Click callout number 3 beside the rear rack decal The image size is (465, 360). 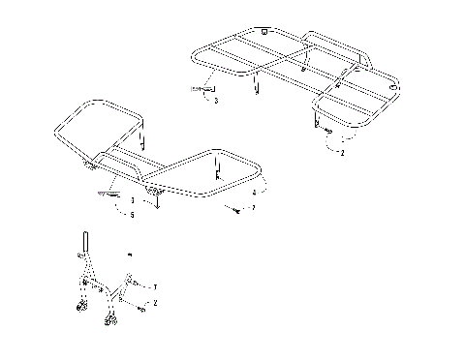(216, 100)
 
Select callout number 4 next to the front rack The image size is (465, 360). (253, 193)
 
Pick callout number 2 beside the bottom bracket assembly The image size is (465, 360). (155, 303)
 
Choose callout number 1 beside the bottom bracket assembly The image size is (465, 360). (155, 287)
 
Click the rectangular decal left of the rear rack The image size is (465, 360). (201, 88)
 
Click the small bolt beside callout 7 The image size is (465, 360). (234, 207)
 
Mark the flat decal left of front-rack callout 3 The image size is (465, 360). (109, 194)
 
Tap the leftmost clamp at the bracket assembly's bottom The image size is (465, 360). (79, 311)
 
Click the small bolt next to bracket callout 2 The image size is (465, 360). (141, 308)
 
